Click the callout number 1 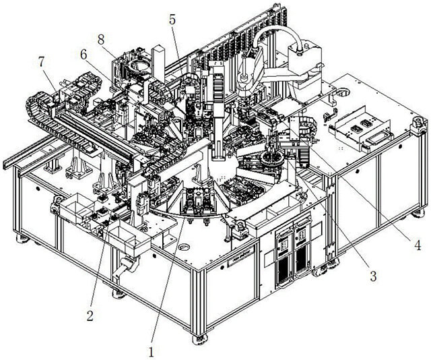(152, 351)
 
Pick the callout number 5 (172, 20)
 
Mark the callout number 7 (42, 62)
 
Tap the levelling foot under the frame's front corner (200, 339)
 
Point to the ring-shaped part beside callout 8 (140, 66)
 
